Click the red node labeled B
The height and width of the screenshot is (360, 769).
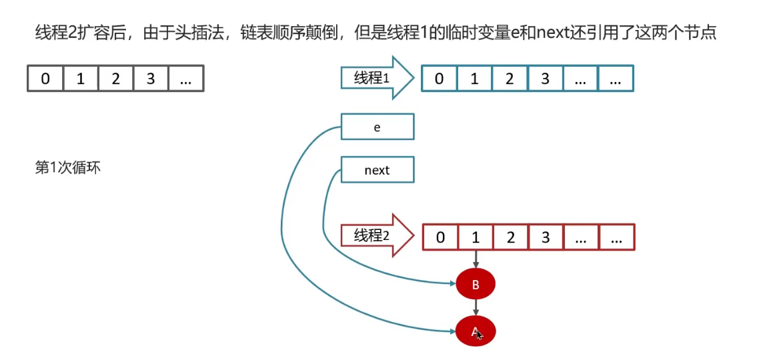(x=476, y=285)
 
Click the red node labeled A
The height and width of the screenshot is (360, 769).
(x=476, y=331)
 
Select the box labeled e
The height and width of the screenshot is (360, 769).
(x=377, y=127)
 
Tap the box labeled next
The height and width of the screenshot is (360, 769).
(x=377, y=170)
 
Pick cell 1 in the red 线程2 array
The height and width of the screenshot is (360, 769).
(x=476, y=237)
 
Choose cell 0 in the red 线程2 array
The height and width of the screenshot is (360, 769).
(x=440, y=237)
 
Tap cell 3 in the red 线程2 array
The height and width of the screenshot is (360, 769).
(x=546, y=237)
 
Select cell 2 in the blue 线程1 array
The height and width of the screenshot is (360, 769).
(x=510, y=79)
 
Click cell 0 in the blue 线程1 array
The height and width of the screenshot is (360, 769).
(x=439, y=79)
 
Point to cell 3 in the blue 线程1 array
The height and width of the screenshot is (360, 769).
(x=545, y=79)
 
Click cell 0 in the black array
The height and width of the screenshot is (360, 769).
(x=45, y=79)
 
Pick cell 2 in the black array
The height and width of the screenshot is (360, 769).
(x=115, y=79)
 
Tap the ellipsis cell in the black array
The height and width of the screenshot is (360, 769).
(x=185, y=79)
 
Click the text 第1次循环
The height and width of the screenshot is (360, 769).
(x=67, y=167)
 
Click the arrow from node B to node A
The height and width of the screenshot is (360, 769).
(x=476, y=307)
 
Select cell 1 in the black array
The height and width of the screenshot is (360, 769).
(x=81, y=79)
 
